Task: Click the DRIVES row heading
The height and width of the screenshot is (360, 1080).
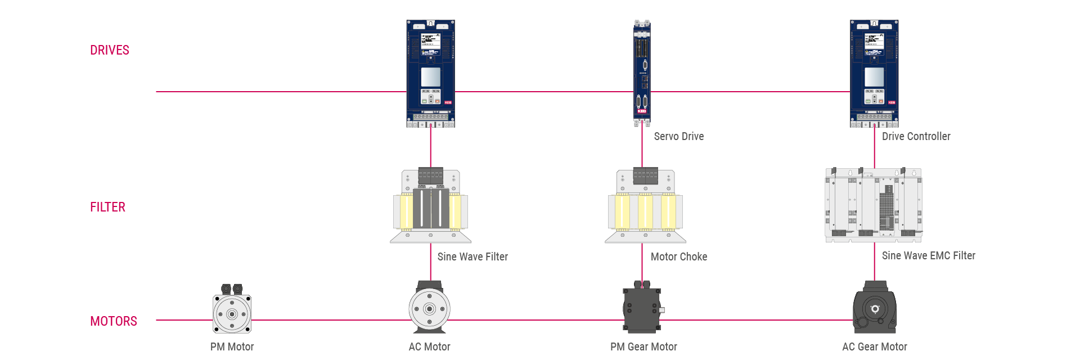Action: [x=110, y=50]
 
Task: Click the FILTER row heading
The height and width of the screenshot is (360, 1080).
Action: [x=107, y=207]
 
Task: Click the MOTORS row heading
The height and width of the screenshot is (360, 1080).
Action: [x=113, y=321]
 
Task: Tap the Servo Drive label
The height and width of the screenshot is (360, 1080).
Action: [x=678, y=136]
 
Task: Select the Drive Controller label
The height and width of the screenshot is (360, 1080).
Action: [x=916, y=136]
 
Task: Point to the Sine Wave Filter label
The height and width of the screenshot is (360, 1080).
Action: [x=472, y=256]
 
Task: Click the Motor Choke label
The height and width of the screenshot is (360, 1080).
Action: [x=678, y=256]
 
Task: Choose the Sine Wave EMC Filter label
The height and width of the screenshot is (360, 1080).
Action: [x=928, y=255]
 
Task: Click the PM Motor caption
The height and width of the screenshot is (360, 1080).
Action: [x=232, y=346]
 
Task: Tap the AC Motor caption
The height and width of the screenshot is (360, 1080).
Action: [x=429, y=346]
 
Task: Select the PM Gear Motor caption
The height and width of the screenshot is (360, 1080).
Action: [x=643, y=346]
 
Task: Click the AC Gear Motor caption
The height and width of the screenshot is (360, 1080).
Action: [x=874, y=346]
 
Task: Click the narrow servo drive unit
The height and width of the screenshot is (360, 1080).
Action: [x=642, y=73]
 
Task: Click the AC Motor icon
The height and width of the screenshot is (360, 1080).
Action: [x=429, y=308]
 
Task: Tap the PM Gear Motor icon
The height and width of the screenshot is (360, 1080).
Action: [x=642, y=308]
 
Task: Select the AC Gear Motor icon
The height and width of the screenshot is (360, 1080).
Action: [x=874, y=308]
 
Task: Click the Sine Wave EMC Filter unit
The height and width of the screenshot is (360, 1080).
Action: [x=874, y=205]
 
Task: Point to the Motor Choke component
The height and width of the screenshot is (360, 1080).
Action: [x=645, y=206]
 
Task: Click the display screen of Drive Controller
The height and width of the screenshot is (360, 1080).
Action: [x=874, y=77]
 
